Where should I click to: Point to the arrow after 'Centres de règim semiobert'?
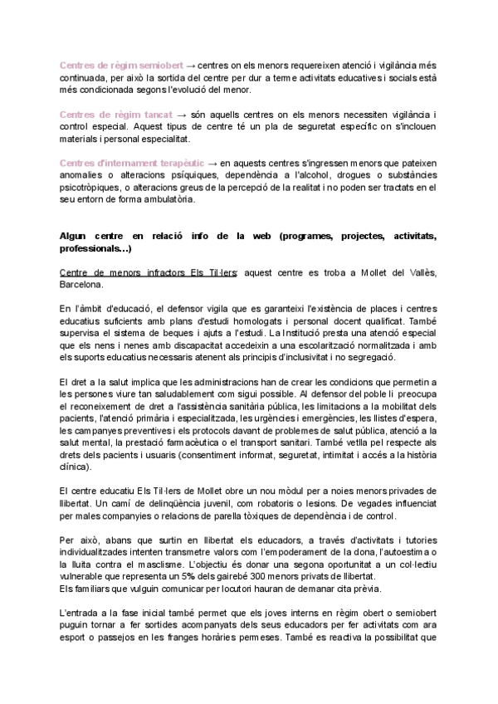(x=191, y=63)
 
